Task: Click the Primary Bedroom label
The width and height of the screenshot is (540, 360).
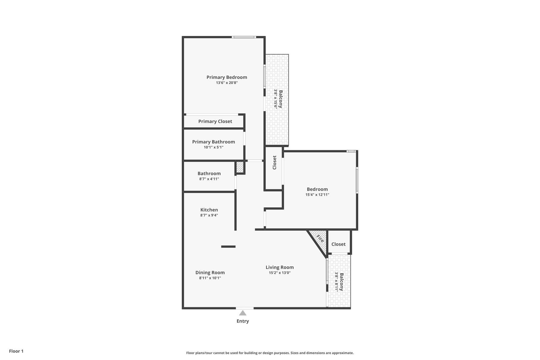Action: pyautogui.click(x=226, y=77)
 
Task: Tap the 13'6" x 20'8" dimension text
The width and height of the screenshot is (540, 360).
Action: pyautogui.click(x=226, y=83)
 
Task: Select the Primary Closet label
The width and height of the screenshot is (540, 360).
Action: pyautogui.click(x=215, y=121)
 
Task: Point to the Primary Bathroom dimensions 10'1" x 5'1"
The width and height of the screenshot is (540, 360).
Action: pyautogui.click(x=213, y=147)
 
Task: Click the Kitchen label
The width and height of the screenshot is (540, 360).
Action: pyautogui.click(x=209, y=210)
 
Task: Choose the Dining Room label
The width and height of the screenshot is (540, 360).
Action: pyautogui.click(x=210, y=272)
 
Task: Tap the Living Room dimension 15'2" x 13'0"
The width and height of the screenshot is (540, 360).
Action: pyautogui.click(x=279, y=273)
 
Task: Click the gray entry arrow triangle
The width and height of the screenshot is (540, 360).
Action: pyautogui.click(x=242, y=313)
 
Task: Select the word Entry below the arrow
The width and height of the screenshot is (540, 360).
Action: pyautogui.click(x=242, y=321)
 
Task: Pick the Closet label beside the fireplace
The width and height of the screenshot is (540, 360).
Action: pyautogui.click(x=338, y=244)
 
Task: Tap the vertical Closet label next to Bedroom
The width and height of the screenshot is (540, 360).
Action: pyautogui.click(x=274, y=162)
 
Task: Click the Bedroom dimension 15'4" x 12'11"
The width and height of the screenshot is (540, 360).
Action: pyautogui.click(x=317, y=195)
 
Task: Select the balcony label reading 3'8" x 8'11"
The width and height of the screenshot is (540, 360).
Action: pyautogui.click(x=337, y=282)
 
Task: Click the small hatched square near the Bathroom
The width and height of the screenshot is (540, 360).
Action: pyautogui.click(x=240, y=167)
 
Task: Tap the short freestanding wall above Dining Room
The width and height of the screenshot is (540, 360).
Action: pyautogui.click(x=228, y=247)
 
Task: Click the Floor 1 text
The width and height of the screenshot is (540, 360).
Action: pyautogui.click(x=16, y=351)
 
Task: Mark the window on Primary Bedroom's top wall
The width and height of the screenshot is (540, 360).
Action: pyautogui.click(x=244, y=37)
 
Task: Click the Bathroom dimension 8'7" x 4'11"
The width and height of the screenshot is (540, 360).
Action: pyautogui.click(x=209, y=179)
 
